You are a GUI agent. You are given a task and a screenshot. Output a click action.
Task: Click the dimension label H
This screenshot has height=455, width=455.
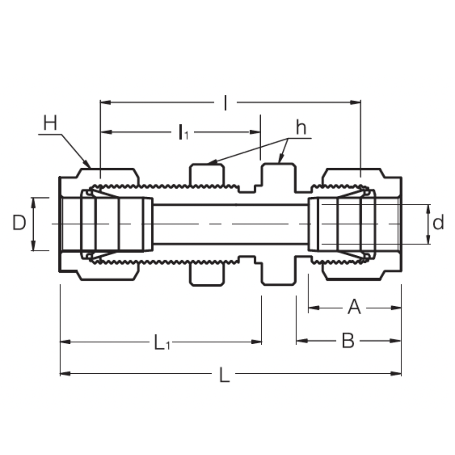50,124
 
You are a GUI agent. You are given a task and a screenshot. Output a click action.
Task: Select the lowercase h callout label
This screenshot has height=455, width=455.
300,128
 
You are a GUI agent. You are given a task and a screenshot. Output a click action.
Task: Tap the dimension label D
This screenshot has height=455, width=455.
19,223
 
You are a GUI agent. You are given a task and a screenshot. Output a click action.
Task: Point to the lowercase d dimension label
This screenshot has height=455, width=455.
438,222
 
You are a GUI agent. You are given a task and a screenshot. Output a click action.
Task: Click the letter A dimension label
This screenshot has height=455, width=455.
354,308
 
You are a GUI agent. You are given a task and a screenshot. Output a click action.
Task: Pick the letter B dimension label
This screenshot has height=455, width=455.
348,340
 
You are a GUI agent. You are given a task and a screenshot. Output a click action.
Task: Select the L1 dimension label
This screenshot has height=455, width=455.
161,343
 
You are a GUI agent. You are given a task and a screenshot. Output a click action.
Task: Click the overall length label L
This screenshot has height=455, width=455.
225,375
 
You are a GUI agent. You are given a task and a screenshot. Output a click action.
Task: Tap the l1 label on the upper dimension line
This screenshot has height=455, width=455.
183,132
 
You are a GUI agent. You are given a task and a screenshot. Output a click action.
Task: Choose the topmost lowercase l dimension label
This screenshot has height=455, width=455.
226,103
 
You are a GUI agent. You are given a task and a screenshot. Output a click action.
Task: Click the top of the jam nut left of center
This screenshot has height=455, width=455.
206,165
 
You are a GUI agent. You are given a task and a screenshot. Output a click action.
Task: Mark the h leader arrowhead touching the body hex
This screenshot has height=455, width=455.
280,161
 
